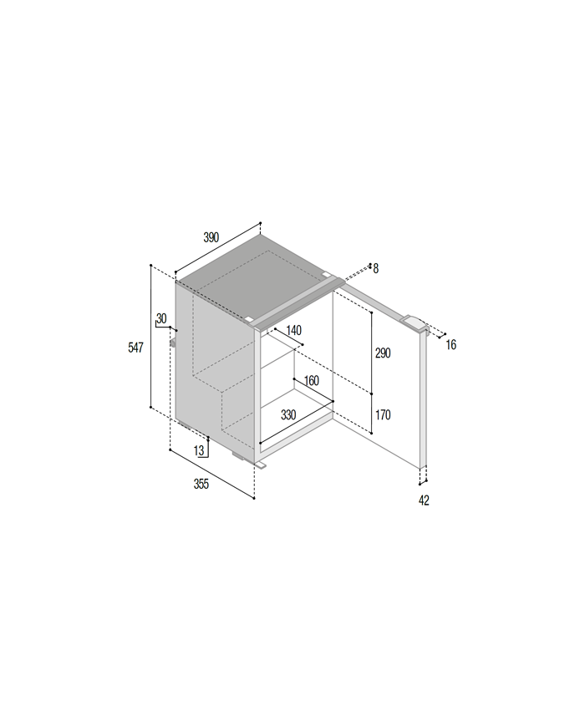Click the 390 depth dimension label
211,237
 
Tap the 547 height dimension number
135,348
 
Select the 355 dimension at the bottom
201,484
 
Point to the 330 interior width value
288,415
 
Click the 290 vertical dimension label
383,353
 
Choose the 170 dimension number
383,415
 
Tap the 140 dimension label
293,330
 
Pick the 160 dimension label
311,381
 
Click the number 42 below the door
424,500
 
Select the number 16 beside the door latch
451,345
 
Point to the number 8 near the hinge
375,268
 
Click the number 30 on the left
161,318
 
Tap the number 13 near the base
199,450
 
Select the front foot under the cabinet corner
260,464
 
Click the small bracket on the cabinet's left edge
173,343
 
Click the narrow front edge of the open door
423,399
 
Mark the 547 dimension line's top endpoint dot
151,266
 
